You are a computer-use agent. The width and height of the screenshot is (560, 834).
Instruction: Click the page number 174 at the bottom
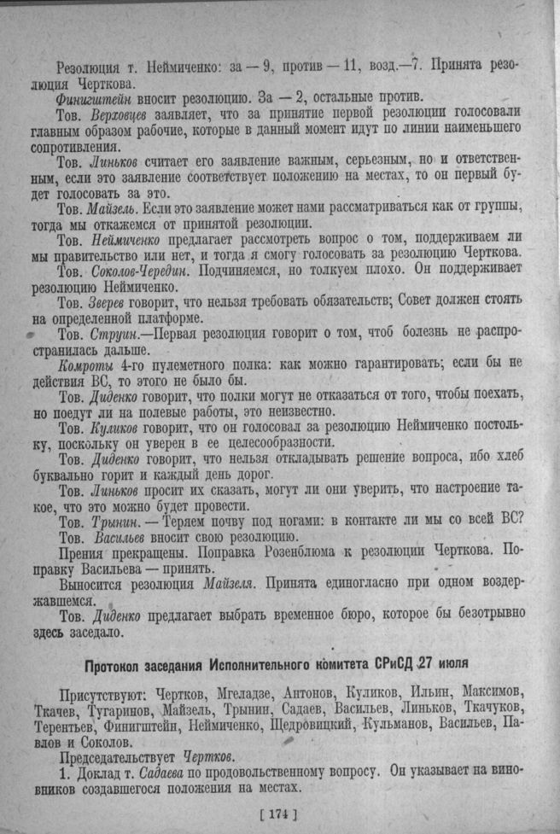(281, 814)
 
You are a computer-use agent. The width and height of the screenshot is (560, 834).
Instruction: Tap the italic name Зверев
(114, 302)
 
